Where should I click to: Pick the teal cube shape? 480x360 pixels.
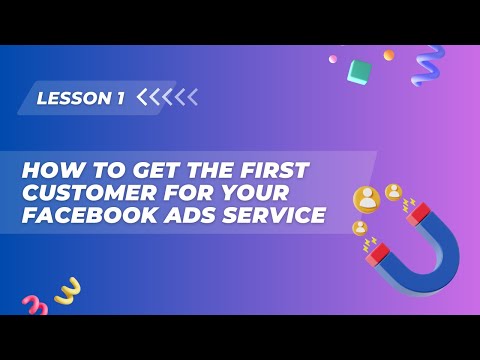click(359, 71)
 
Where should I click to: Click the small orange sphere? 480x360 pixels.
click(388, 55)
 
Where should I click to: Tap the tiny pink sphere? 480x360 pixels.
click(333, 59)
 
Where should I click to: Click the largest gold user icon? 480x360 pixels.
click(367, 199)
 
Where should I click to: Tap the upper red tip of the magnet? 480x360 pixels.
click(418, 212)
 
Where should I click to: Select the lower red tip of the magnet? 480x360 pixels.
click(377, 254)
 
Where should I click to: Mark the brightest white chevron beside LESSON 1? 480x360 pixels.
click(142, 97)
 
